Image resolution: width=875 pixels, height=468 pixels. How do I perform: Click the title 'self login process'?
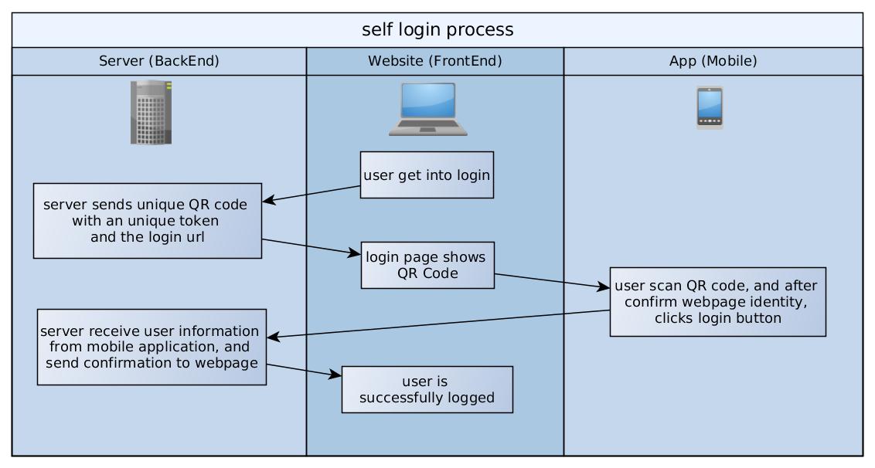(438, 30)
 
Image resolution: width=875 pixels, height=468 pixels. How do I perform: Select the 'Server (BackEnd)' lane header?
(159, 62)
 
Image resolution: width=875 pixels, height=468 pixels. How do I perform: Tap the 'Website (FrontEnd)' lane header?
(434, 62)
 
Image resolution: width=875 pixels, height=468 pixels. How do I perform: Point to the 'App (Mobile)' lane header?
(713, 62)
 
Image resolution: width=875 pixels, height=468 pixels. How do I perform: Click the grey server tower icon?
(151, 112)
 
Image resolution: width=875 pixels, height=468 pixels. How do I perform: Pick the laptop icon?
(427, 110)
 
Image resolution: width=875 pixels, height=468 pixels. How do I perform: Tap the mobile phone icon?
(710, 107)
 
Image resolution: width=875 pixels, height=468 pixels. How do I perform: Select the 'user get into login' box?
(427, 175)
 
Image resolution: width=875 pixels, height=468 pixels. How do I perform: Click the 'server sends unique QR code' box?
(147, 220)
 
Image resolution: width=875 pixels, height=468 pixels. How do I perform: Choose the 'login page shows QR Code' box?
(427, 266)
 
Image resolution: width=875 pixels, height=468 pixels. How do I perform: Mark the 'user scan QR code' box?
(717, 301)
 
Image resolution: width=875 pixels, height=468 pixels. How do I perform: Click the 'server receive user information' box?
(152, 347)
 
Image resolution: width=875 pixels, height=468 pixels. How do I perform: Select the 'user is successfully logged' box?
(427, 390)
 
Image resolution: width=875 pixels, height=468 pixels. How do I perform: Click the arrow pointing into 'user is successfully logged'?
(304, 370)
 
